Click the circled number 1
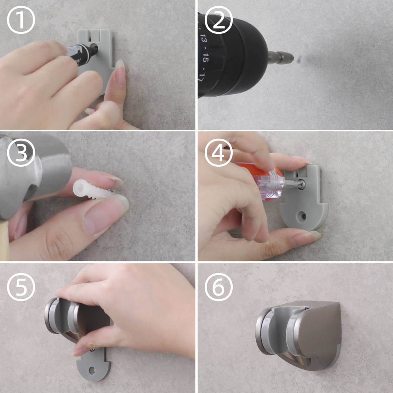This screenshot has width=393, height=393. click(x=21, y=20)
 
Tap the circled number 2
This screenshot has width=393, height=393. click(x=219, y=20)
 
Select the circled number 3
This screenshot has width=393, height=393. click(x=21, y=152)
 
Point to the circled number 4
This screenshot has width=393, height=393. click(x=219, y=152)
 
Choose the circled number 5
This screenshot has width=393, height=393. click(x=21, y=287)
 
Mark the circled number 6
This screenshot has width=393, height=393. click(x=219, y=287)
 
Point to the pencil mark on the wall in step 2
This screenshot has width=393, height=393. click(x=299, y=60)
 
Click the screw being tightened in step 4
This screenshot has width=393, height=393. click(x=302, y=185)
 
